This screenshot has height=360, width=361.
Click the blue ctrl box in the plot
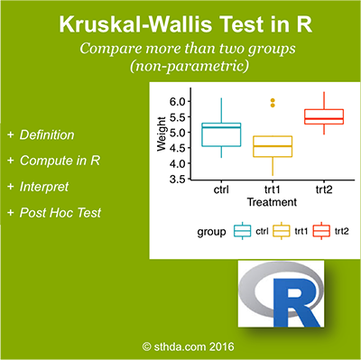click(214, 133)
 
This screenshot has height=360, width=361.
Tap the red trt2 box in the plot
click(322, 116)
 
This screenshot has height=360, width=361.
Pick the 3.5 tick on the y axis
click(178, 180)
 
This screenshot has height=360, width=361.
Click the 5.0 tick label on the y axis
click(178, 132)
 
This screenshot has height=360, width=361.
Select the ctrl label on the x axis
click(214, 192)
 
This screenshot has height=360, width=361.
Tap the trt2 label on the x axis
click(322, 192)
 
